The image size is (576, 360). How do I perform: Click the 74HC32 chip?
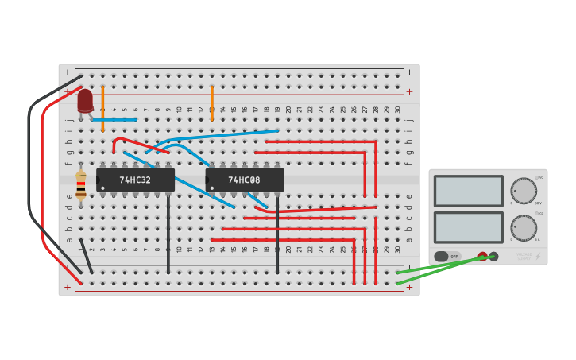135,180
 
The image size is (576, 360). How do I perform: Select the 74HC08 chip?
244,180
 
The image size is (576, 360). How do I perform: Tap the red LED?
85,101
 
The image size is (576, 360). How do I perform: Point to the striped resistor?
81,184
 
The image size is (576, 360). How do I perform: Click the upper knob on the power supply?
523,191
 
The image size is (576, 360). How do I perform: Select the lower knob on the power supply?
523,227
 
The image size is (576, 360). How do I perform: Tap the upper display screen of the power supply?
468,191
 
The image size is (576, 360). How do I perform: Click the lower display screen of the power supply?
468,226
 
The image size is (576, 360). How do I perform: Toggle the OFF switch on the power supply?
447,256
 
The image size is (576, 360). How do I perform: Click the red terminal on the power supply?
482,256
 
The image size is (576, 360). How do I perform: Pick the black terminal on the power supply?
493,256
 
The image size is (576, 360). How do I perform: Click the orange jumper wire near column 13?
212,103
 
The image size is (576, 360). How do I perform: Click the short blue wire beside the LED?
119,120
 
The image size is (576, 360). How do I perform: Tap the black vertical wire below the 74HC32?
168,234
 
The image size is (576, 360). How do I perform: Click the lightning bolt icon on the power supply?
538,256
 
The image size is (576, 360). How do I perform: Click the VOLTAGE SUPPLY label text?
524,256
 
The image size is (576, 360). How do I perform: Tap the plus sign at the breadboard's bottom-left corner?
68,287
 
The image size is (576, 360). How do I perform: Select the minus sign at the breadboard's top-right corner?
409,72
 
